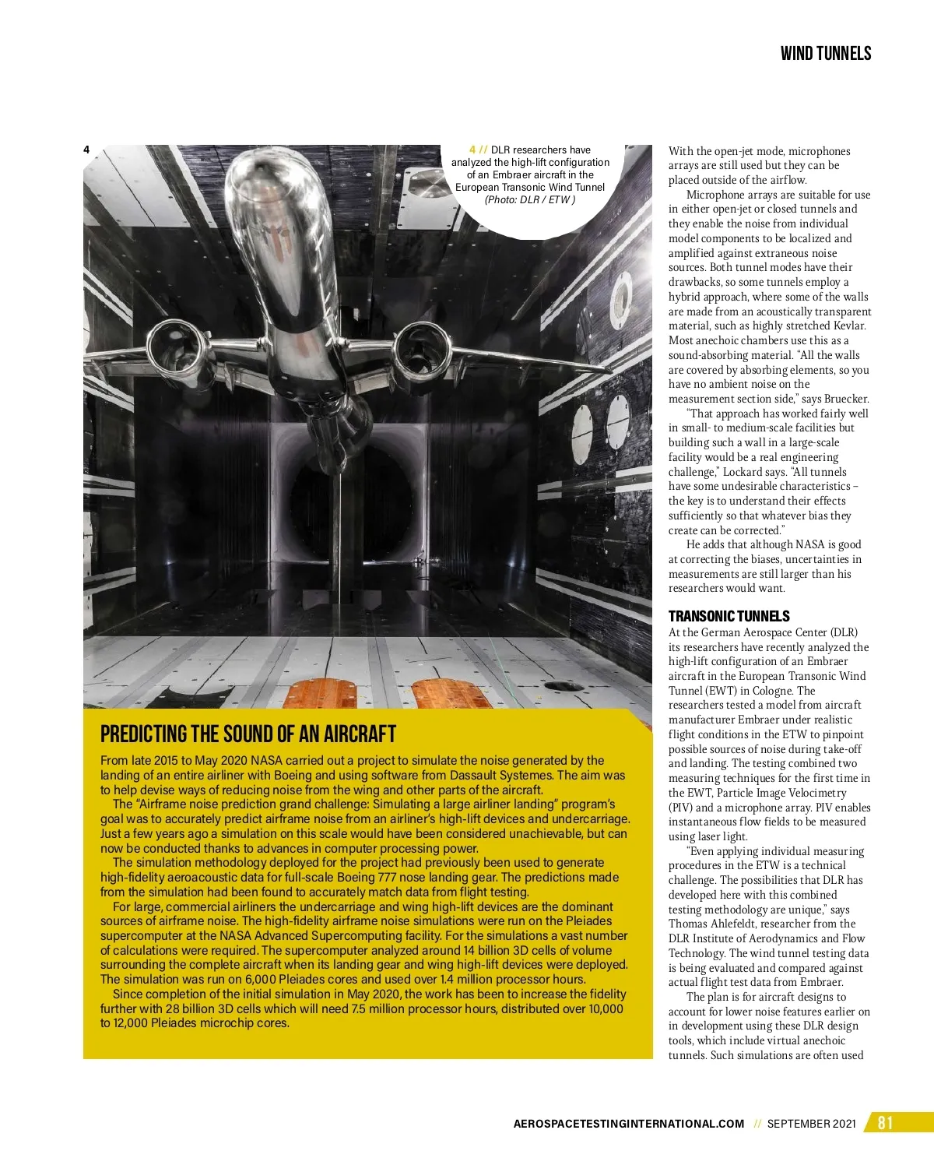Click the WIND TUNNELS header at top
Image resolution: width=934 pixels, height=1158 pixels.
pyautogui.click(x=825, y=53)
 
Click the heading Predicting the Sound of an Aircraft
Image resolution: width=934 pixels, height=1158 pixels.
pyautogui.click(x=248, y=734)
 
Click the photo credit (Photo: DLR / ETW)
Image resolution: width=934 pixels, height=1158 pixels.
pyautogui.click(x=529, y=199)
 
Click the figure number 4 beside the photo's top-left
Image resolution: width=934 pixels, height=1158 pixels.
pyautogui.click(x=86, y=150)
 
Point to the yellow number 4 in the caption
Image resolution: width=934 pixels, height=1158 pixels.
pyautogui.click(x=474, y=150)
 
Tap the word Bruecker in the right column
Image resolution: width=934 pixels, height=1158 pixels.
pyautogui.click(x=844, y=399)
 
